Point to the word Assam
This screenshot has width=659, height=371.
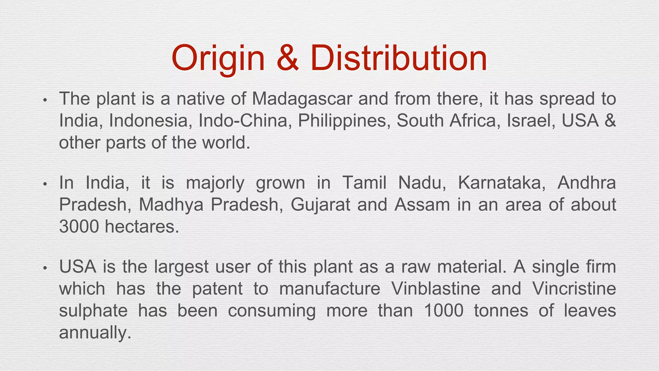click(422, 205)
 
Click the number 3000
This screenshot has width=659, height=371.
click(79, 227)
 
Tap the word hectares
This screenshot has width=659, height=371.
click(142, 227)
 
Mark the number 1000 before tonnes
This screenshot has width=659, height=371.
click(444, 311)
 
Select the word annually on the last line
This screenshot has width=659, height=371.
click(95, 333)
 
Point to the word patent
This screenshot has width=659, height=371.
click(218, 289)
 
